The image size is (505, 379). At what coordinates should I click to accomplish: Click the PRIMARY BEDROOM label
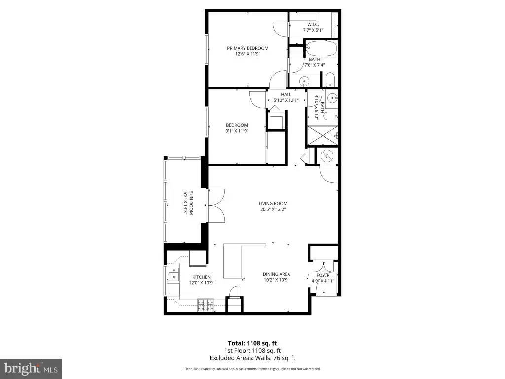click(x=248, y=48)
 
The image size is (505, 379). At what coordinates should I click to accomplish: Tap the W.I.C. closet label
click(x=313, y=25)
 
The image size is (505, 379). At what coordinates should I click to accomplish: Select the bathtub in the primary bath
click(x=321, y=49)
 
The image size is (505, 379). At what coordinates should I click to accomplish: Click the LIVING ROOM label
click(x=273, y=204)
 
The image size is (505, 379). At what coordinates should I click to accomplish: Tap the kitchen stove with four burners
click(x=206, y=305)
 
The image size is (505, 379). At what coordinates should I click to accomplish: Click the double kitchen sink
click(x=173, y=274)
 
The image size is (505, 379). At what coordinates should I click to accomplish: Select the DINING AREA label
click(x=276, y=274)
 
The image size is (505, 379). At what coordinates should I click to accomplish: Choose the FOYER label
click(x=323, y=275)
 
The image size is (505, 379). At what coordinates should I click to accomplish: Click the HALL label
click(x=286, y=95)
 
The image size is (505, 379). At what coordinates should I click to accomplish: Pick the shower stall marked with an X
click(x=323, y=136)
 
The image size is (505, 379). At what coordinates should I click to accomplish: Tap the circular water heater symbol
click(x=326, y=156)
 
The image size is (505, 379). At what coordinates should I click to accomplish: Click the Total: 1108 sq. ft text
click(x=252, y=343)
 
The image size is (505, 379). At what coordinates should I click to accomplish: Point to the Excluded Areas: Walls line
click(x=252, y=358)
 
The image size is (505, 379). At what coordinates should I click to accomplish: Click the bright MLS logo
click(x=31, y=368)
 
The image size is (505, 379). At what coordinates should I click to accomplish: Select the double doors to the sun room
click(x=216, y=205)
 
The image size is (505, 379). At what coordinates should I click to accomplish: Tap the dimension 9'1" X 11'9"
click(x=237, y=131)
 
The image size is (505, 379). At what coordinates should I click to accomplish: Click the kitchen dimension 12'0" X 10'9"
click(x=202, y=283)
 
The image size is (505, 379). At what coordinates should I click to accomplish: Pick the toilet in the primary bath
click(x=330, y=79)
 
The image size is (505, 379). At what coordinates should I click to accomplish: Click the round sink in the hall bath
click(x=332, y=97)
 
